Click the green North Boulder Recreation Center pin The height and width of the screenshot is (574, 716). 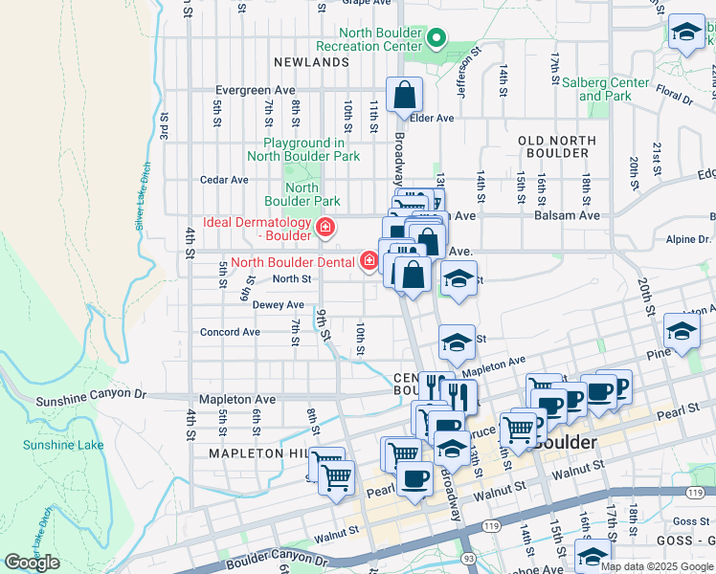pos(436,39)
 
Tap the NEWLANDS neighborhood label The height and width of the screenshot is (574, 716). pos(311,62)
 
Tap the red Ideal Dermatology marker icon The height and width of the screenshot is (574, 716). pos(325,228)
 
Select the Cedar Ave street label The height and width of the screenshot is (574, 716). pos(224,180)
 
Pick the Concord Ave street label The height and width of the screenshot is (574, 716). pos(230,333)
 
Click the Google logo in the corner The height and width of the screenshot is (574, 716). pos(32,563)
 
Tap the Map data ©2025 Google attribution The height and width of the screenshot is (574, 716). pos(657,566)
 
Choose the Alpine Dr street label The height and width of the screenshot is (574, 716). pos(692,239)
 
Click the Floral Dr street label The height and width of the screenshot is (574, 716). pos(674,98)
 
